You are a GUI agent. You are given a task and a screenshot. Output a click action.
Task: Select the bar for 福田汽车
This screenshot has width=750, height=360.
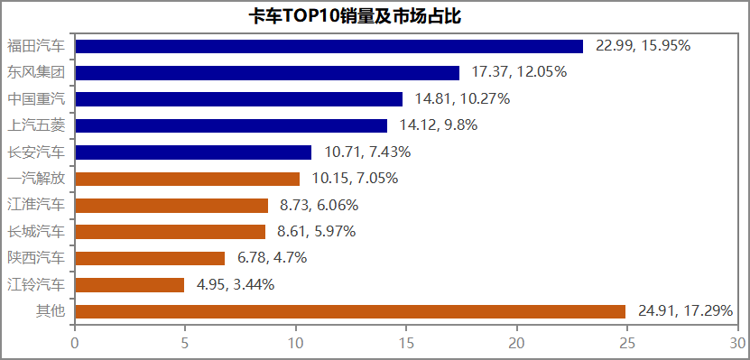pyautogui.click(x=329, y=46)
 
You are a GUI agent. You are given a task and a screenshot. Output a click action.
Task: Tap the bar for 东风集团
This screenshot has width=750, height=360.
pyautogui.click(x=267, y=72)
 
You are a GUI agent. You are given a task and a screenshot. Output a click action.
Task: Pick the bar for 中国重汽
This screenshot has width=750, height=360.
pyautogui.click(x=239, y=99)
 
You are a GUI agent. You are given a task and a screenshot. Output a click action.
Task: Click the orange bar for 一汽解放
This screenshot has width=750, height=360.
pyautogui.click(x=188, y=179)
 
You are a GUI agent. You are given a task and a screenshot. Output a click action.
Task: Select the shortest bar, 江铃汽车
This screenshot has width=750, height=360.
pyautogui.click(x=130, y=285)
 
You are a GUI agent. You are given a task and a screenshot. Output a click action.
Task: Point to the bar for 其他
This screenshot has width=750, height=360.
pyautogui.click(x=350, y=311)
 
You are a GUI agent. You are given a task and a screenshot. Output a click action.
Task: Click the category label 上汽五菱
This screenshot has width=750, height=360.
pyautogui.click(x=36, y=125)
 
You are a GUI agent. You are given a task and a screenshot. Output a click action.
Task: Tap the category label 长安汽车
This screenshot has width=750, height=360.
pyautogui.click(x=36, y=152)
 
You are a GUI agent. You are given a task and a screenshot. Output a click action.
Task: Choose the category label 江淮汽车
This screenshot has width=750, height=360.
pyautogui.click(x=36, y=205)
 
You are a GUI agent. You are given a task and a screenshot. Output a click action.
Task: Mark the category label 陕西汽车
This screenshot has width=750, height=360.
pyautogui.click(x=36, y=258)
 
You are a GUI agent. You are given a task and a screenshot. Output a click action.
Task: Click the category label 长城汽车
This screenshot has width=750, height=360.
pyautogui.click(x=36, y=232)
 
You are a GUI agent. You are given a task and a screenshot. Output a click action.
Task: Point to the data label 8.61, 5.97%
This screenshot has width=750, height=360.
pyautogui.click(x=317, y=232)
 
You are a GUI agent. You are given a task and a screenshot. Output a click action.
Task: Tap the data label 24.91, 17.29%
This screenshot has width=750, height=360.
pyautogui.click(x=685, y=311)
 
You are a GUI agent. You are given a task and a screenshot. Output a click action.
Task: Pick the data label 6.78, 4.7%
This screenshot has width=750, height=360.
pyautogui.click(x=273, y=258)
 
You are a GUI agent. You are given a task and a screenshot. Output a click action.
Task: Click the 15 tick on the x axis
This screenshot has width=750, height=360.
pyautogui.click(x=407, y=343)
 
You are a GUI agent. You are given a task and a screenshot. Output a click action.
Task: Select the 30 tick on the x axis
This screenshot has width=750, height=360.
pyautogui.click(x=737, y=343)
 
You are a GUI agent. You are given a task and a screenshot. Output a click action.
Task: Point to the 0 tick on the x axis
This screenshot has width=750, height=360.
pyautogui.click(x=75, y=343)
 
